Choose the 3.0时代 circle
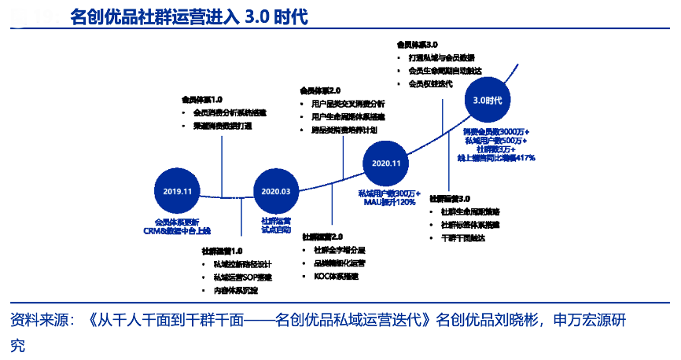point(488,100)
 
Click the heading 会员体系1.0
point(202,100)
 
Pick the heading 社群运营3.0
point(450,200)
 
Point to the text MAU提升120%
point(389,203)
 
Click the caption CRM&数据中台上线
point(178,231)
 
